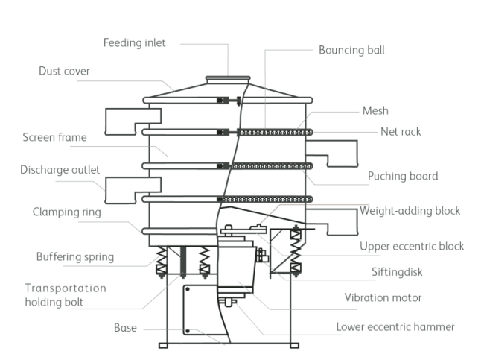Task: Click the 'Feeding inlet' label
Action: click(x=134, y=42)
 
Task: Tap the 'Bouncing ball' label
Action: click(x=351, y=51)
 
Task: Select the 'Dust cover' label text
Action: click(x=64, y=72)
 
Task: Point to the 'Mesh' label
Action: click(x=375, y=111)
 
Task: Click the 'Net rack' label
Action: click(x=401, y=132)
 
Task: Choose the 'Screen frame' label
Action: click(x=54, y=137)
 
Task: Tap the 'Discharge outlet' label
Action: click(x=60, y=170)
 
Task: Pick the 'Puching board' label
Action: click(x=403, y=177)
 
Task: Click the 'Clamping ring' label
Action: click(x=66, y=212)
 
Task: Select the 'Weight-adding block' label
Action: click(x=410, y=211)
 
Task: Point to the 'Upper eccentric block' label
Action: click(x=412, y=246)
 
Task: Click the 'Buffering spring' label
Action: click(x=75, y=257)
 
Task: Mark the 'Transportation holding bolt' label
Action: click(x=66, y=295)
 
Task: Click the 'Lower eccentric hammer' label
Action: click(x=395, y=326)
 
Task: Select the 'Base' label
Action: click(x=125, y=328)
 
